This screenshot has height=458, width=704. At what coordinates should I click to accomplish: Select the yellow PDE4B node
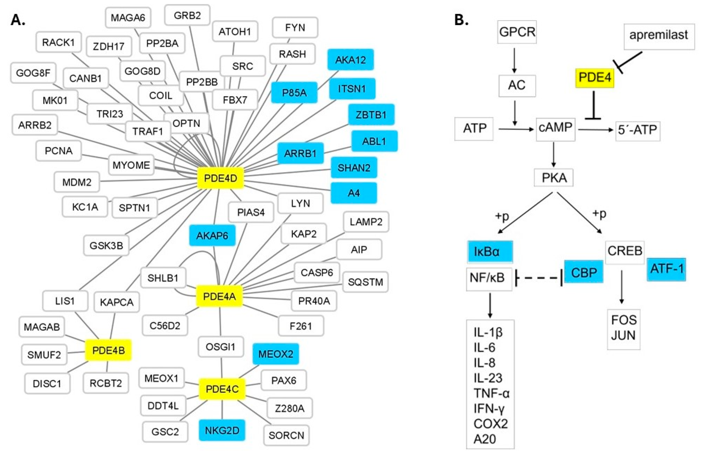pos(108,350)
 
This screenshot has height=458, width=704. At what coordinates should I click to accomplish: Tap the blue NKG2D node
pos(222,430)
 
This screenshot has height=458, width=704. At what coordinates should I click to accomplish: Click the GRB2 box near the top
pos(187,15)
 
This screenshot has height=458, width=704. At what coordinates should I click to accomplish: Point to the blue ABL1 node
pos(374,141)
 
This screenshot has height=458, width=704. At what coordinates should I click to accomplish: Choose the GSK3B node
pos(106,245)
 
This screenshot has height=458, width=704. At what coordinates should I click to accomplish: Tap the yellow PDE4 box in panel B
pos(594,78)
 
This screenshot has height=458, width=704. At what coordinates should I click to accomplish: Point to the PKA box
pos(554,178)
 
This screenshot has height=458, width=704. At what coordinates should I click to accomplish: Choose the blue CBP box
pos(584,272)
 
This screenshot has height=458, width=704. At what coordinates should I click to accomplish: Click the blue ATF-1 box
pos(666,269)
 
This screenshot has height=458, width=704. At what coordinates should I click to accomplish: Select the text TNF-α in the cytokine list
pos(491,393)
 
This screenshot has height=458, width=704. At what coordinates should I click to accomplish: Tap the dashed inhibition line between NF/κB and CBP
pos(538,278)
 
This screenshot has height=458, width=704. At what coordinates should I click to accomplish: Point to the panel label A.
pos(18,20)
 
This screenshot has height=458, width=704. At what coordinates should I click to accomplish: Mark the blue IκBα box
pos(490,252)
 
